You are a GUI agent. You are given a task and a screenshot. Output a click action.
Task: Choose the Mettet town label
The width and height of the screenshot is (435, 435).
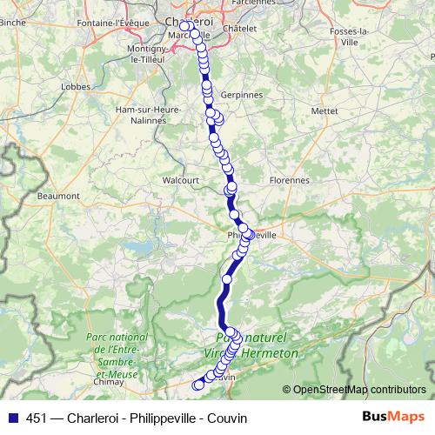click(x=325, y=111)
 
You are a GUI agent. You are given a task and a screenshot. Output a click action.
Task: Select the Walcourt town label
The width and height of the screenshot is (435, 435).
click(x=181, y=181)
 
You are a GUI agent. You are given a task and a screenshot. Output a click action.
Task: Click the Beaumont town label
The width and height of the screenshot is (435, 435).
click(x=58, y=197)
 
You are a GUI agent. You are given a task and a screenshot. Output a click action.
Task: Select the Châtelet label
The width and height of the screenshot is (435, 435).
click(x=241, y=28)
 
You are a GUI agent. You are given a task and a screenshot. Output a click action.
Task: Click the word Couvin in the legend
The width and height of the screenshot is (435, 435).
click(x=226, y=417)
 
